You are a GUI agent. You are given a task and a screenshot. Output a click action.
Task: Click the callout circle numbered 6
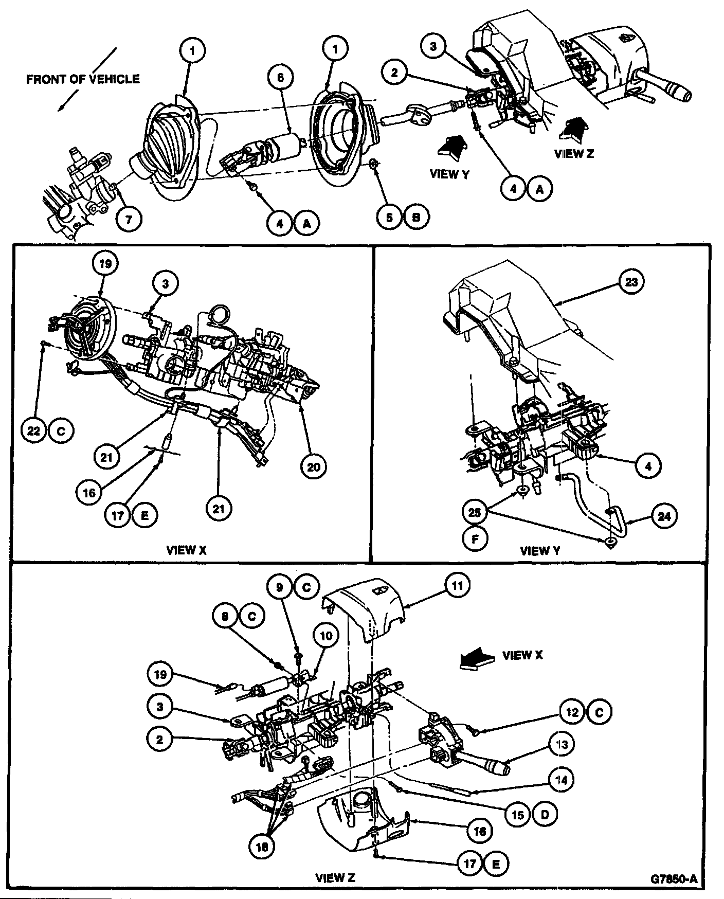(280, 78)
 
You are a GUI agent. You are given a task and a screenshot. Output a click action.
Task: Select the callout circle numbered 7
(129, 219)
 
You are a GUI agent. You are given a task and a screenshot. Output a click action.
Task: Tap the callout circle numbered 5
(389, 217)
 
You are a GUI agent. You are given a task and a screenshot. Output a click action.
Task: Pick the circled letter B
(416, 217)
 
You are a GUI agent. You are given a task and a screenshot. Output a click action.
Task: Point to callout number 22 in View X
(34, 431)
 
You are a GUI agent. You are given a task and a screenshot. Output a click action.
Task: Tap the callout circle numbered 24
(664, 516)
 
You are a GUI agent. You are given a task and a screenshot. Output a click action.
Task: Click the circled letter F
(476, 539)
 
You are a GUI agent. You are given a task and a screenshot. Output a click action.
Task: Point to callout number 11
(457, 586)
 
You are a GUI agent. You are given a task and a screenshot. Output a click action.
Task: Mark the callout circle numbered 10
(326, 636)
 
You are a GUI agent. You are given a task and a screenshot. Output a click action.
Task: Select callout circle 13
(561, 744)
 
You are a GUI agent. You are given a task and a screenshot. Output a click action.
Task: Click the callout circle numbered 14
(561, 780)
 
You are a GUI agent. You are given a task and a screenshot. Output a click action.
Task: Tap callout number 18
(262, 847)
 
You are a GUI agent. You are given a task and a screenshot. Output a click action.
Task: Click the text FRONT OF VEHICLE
(83, 79)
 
